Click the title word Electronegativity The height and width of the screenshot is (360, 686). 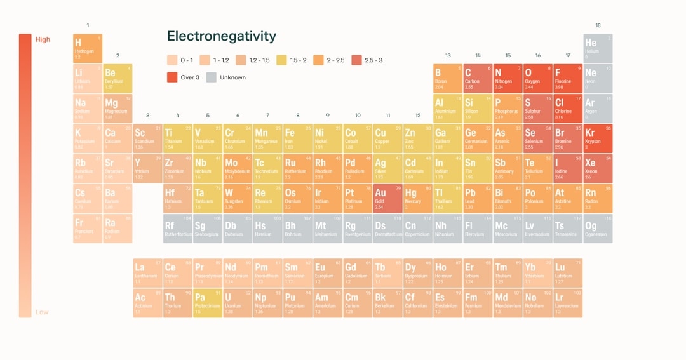click(x=221, y=37)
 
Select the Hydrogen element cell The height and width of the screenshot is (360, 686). click(x=88, y=48)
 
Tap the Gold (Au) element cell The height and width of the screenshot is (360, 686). click(x=386, y=199)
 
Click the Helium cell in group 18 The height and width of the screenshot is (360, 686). click(x=598, y=48)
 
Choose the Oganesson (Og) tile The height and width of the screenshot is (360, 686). click(x=598, y=229)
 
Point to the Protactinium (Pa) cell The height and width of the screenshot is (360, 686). click(x=207, y=303)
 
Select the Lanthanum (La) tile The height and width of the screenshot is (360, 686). click(x=147, y=273)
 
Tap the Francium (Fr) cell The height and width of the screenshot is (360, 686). click(x=88, y=229)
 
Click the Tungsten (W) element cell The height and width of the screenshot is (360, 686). click(x=237, y=199)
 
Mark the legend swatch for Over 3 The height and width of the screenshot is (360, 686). click(x=172, y=77)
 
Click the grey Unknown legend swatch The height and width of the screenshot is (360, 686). click(x=212, y=77)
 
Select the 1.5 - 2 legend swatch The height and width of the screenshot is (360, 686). click(x=282, y=60)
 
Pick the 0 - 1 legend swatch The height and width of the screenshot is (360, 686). click(x=172, y=60)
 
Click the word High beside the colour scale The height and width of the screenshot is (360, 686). click(x=43, y=39)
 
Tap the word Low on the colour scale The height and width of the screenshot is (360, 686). click(x=42, y=312)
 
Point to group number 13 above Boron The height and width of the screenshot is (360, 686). click(x=448, y=55)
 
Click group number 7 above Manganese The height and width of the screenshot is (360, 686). click(x=267, y=116)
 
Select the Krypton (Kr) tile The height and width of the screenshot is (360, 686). click(x=598, y=138)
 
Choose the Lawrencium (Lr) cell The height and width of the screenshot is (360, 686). click(x=567, y=303)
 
